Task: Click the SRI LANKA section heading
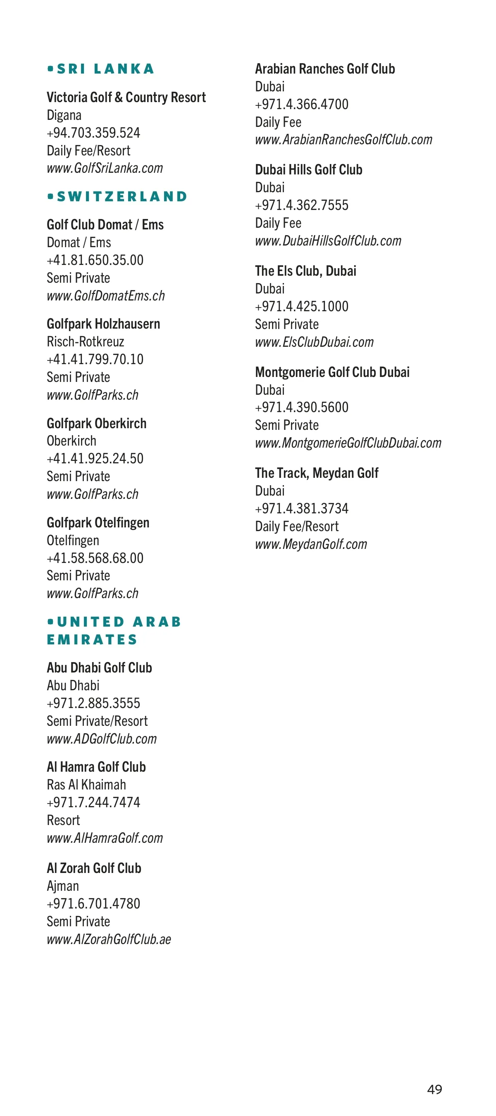coord(105,69)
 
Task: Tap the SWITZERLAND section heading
coord(122,197)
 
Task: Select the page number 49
coord(434,1089)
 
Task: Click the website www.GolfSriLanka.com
coord(105,168)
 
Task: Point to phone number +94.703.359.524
coord(93,133)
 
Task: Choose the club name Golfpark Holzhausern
coord(103,324)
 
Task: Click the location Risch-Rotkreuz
coord(85,342)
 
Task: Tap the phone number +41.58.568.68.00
coord(95,558)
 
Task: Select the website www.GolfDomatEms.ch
coord(106,296)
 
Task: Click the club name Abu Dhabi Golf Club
coord(99,668)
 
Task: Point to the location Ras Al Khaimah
coord(86,785)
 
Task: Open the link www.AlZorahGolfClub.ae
coord(109,939)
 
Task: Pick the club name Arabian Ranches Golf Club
coord(325,69)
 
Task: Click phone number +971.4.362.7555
coord(301,205)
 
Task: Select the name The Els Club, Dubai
coord(305,271)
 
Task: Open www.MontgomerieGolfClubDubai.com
coord(348,443)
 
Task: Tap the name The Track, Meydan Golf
coord(317,473)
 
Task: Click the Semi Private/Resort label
coord(97,721)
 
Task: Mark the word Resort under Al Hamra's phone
coord(63,820)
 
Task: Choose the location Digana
coord(64,115)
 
